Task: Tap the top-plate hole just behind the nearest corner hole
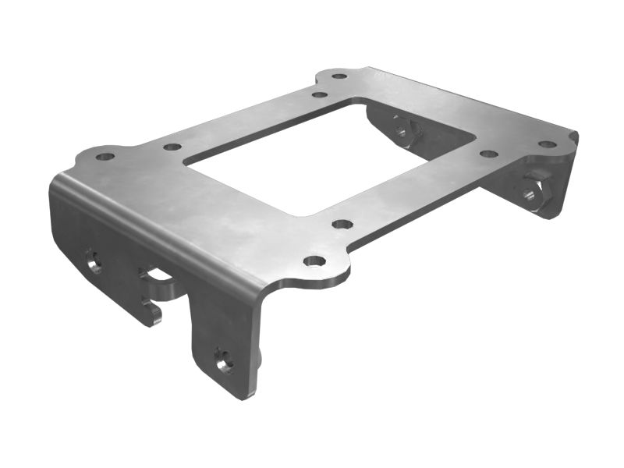point(342,225)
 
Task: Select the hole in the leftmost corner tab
point(105,157)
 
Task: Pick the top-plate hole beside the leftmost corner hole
point(172,147)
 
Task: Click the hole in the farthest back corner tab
point(339,76)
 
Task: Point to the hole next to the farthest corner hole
point(319,94)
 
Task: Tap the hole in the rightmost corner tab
point(548,144)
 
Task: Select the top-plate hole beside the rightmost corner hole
point(488,154)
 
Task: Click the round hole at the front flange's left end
point(94,263)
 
